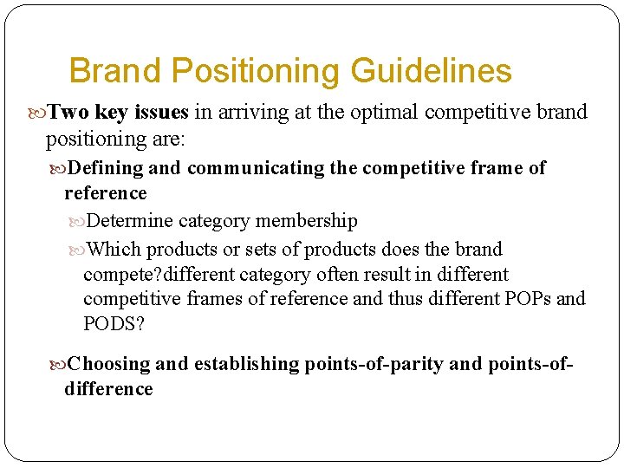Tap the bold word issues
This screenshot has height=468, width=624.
point(162,112)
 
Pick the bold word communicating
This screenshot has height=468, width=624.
point(256,167)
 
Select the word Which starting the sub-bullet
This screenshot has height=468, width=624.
point(115,250)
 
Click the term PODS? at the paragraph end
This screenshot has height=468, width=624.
point(114,324)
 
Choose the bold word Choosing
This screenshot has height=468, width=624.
point(109,363)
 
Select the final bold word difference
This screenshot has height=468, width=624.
point(108,388)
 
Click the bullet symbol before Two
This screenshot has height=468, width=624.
point(37,113)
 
